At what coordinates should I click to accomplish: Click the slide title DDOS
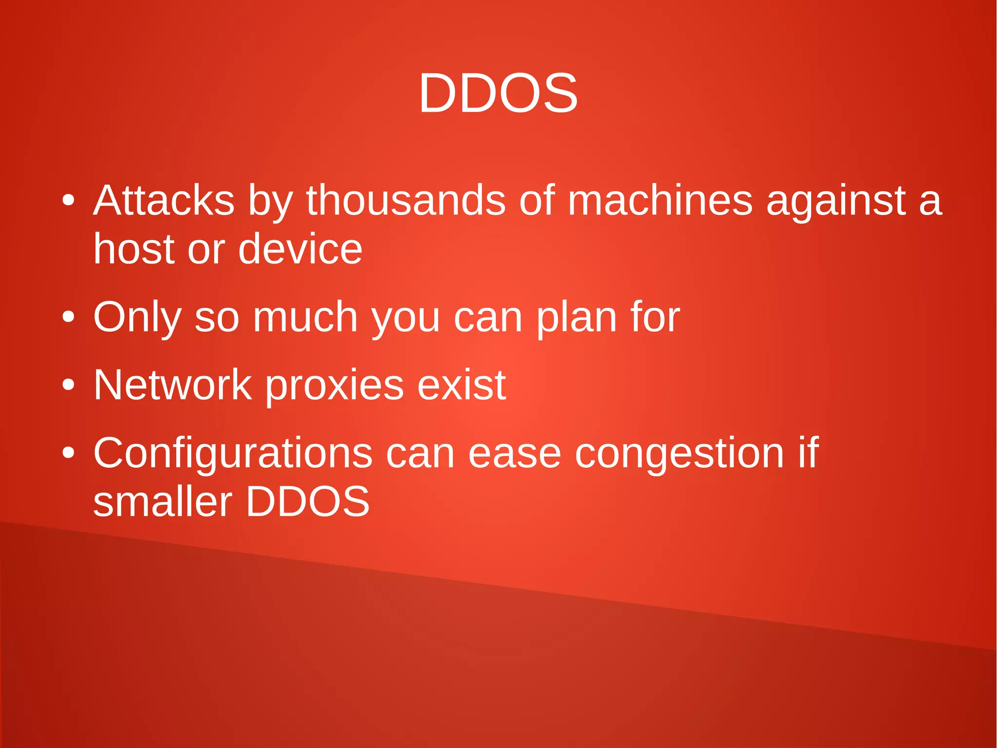(498, 93)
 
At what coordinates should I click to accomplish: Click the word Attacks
(164, 200)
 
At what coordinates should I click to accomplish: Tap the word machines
(660, 200)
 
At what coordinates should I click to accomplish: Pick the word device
(300, 249)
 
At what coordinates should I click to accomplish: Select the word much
(305, 317)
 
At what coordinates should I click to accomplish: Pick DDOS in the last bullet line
(308, 502)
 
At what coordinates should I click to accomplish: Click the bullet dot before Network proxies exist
(69, 385)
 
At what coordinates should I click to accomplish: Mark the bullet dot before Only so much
(69, 317)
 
